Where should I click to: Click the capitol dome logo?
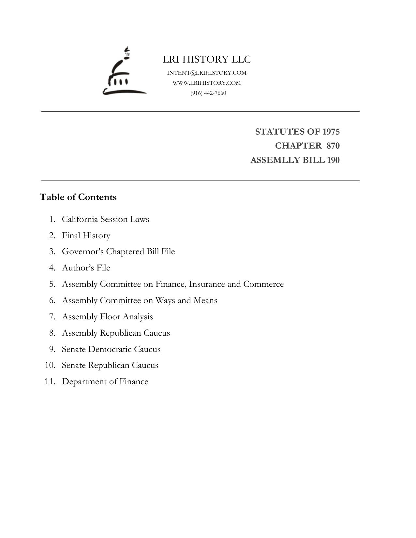[x=124, y=72]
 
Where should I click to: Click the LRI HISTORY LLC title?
[x=207, y=59]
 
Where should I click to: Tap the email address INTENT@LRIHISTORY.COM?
[x=207, y=73]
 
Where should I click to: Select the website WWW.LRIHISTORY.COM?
[x=207, y=83]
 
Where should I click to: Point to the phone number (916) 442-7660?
[x=208, y=93]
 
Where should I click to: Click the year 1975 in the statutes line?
[x=331, y=132]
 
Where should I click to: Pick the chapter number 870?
[x=333, y=146]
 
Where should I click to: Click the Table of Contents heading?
[x=78, y=197]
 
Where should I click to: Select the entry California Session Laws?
[x=105, y=219]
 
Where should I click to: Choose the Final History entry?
[x=86, y=235]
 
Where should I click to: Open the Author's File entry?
[x=86, y=268]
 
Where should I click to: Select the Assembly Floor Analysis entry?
[x=107, y=317]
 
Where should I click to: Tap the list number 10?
[x=50, y=365]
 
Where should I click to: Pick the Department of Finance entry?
[x=105, y=382]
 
